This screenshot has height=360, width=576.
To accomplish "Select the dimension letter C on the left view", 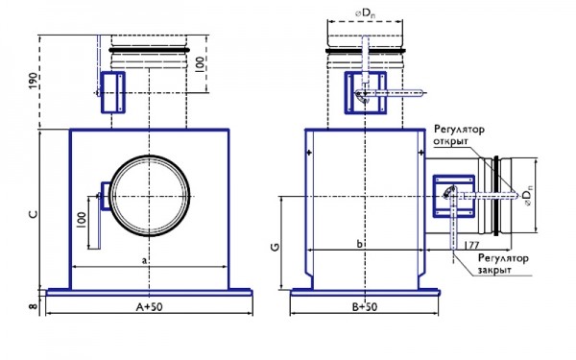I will pyautogui.click(x=32, y=213).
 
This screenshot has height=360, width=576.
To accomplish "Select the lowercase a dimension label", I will pyautogui.click(x=144, y=259).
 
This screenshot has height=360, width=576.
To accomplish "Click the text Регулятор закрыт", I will pyautogui.click(x=502, y=264).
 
